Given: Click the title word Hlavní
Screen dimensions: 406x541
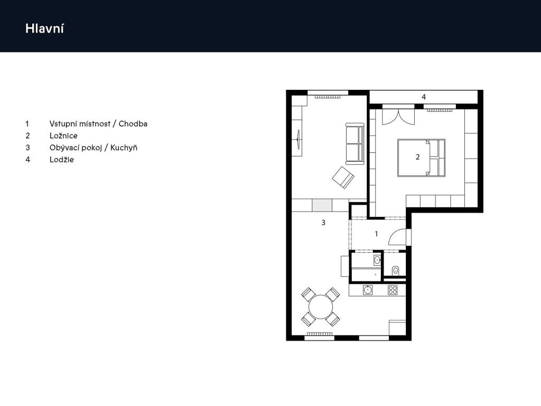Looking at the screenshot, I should coord(44,29).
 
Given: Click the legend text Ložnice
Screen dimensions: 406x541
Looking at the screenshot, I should coord(63,136).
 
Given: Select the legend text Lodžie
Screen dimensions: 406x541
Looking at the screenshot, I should coord(62,159).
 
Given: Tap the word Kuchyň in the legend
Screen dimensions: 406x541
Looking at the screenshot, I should coord(124,147).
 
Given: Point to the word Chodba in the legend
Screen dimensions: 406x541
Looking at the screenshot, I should coord(133,124).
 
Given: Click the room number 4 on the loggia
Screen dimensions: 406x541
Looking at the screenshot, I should coord(424,97).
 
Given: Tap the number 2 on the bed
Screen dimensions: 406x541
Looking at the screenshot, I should coord(417,157).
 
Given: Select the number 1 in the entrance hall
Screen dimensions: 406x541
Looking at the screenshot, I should coord(376,234).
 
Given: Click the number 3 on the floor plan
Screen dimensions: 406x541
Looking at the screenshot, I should coord(323,223).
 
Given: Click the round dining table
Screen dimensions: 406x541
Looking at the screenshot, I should coord(320,307).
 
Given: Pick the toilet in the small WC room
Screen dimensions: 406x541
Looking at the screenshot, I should coord(396,271).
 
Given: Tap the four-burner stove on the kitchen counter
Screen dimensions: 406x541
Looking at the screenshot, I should coord(393,290).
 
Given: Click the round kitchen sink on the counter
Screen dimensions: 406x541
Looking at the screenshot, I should coord(368,290).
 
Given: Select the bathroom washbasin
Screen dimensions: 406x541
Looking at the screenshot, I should coord(377,260).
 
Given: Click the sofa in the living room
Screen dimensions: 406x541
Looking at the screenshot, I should coord(355,143).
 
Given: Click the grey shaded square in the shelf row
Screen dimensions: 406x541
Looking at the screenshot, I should coord(321,205).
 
